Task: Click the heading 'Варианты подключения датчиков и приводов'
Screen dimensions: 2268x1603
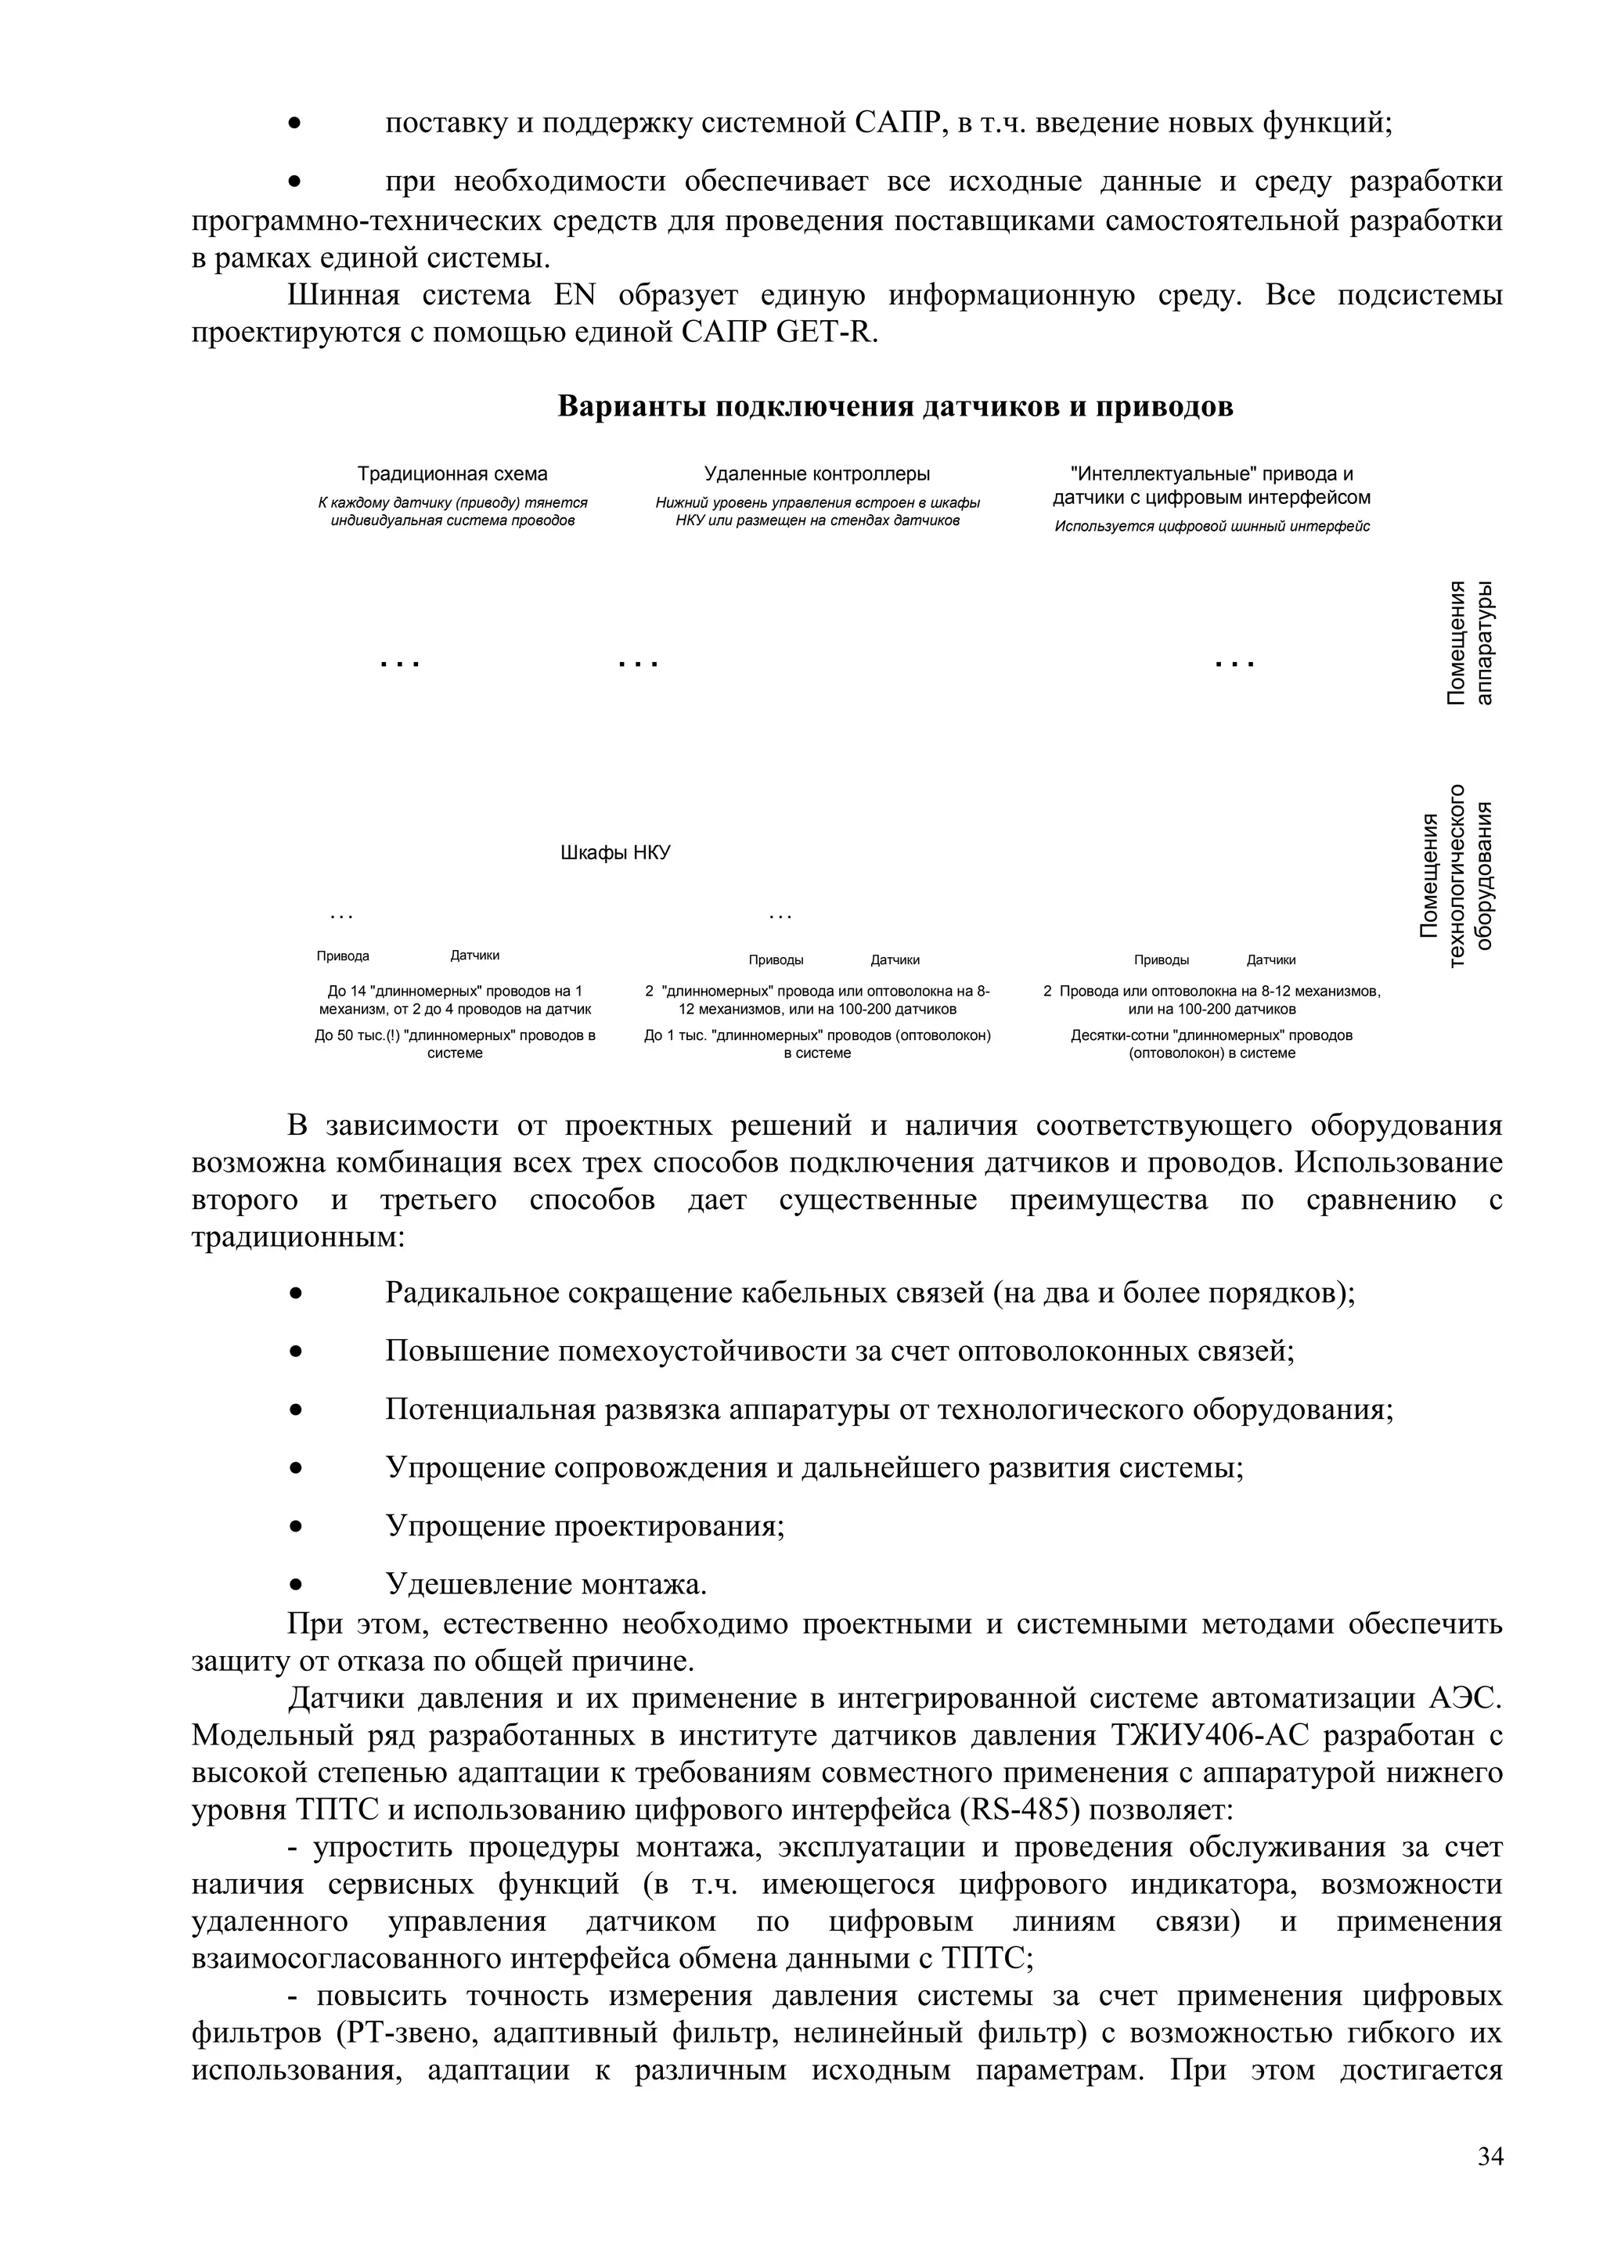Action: (x=895, y=407)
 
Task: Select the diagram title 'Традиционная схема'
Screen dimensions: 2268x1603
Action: (x=452, y=474)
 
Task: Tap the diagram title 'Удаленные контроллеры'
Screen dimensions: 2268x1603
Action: (x=817, y=474)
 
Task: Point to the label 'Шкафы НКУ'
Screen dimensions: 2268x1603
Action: (x=614, y=852)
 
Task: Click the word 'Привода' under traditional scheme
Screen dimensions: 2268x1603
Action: (x=343, y=956)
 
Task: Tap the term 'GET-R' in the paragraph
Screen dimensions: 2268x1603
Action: (x=826, y=332)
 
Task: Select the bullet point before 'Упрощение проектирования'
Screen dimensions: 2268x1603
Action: (x=295, y=1525)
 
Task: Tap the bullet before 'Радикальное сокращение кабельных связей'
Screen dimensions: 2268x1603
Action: (x=295, y=1293)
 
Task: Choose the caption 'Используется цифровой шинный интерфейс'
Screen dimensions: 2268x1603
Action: (x=1211, y=527)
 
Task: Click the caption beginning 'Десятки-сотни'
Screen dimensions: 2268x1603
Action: (x=1211, y=1044)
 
